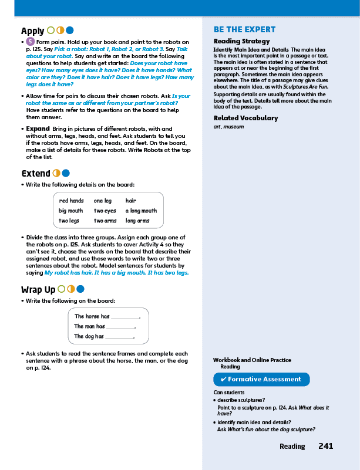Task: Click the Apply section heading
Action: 32,31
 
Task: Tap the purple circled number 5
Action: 30,42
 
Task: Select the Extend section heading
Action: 35,173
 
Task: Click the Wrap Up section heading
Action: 38,289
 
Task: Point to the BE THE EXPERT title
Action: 244,29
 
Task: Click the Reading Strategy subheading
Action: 241,42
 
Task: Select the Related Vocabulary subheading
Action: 245,118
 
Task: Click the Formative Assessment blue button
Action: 261,380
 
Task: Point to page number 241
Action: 325,447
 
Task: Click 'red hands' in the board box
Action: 71,201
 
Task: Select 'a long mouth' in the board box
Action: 141,211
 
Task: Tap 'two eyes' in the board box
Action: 105,211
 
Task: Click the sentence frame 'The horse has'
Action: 92,316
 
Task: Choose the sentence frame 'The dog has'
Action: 89,336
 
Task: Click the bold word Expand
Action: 38,129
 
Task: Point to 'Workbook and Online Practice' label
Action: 252,360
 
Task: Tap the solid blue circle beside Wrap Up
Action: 80,289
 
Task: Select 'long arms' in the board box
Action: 137,221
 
